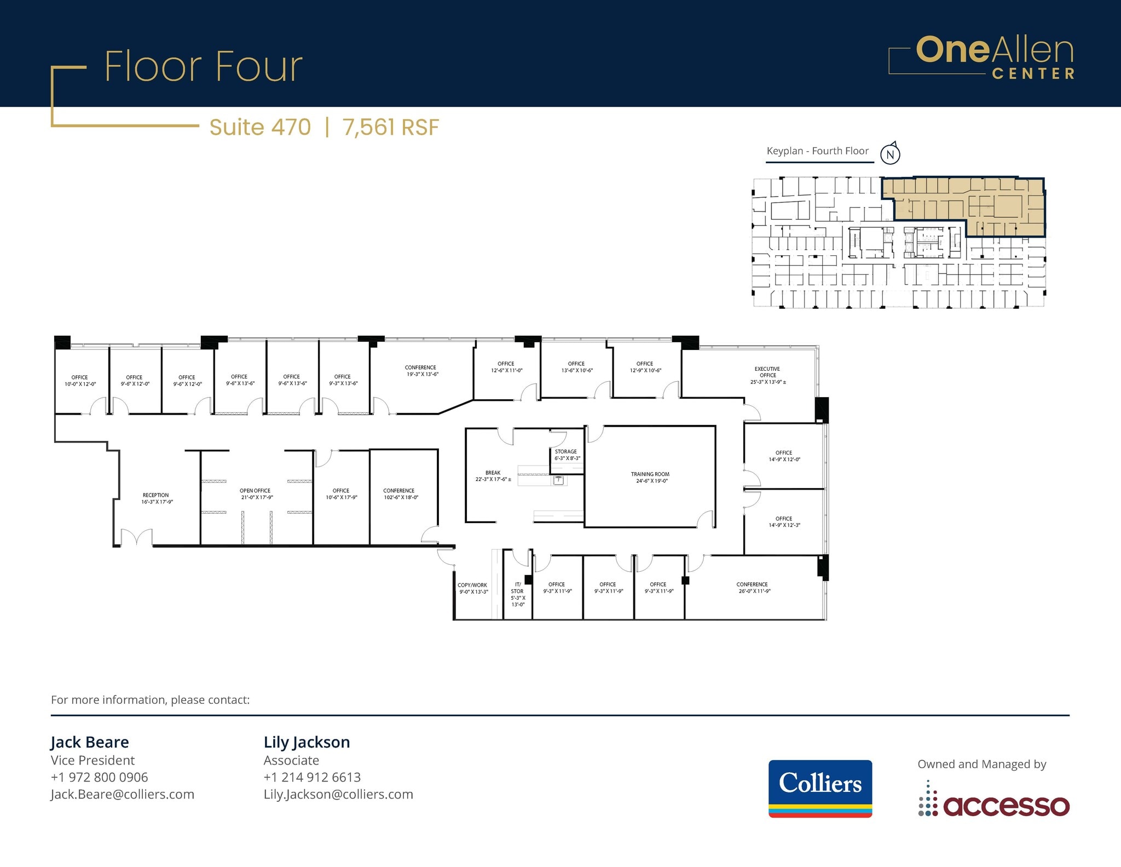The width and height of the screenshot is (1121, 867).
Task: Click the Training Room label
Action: click(x=650, y=478)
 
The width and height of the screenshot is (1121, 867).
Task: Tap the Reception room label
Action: click(x=157, y=498)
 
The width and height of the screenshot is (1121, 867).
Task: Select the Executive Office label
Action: click(x=768, y=376)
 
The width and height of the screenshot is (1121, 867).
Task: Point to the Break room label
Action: click(x=493, y=476)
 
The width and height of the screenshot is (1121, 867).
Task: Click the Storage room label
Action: click(x=567, y=455)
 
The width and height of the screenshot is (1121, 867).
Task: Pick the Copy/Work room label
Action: click(x=473, y=588)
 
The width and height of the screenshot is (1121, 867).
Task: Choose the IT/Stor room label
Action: click(x=518, y=594)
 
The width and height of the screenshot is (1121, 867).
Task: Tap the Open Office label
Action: click(x=256, y=494)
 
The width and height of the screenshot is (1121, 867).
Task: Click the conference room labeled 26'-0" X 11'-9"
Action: click(x=754, y=588)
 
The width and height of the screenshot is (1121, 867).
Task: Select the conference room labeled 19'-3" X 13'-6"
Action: click(x=421, y=371)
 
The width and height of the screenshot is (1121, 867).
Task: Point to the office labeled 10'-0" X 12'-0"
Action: click(x=80, y=381)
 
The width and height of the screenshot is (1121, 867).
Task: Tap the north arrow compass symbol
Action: click(x=891, y=153)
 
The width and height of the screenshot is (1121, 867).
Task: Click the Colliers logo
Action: click(x=820, y=789)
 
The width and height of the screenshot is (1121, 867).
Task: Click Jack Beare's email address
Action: click(x=123, y=794)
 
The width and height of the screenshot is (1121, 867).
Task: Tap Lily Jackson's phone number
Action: click(x=312, y=777)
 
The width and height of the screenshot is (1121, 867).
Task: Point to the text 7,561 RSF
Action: click(x=391, y=127)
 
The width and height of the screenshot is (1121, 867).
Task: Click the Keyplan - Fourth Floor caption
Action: click(x=817, y=151)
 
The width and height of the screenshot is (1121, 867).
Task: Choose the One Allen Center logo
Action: click(x=981, y=58)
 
